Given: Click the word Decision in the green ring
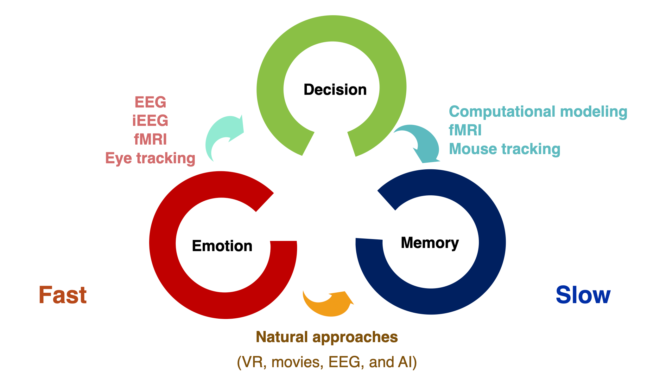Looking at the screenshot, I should point(335,90).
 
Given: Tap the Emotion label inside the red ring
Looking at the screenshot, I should point(222,246).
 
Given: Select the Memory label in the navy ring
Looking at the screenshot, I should point(429,243).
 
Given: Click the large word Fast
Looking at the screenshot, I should point(63,295).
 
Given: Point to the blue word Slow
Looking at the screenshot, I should point(583,295).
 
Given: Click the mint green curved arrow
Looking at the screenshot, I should point(222,135).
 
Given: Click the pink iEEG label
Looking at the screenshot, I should point(150,121).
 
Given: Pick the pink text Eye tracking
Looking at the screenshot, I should point(150,158).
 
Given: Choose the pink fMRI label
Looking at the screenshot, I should point(150,140).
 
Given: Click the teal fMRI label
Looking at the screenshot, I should point(465,130).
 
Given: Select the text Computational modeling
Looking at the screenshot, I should point(538,112).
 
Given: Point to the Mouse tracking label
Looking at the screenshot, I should point(505,149).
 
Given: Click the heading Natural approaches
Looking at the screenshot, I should point(327,337).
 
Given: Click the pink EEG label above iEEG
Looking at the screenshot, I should point(150,102).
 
